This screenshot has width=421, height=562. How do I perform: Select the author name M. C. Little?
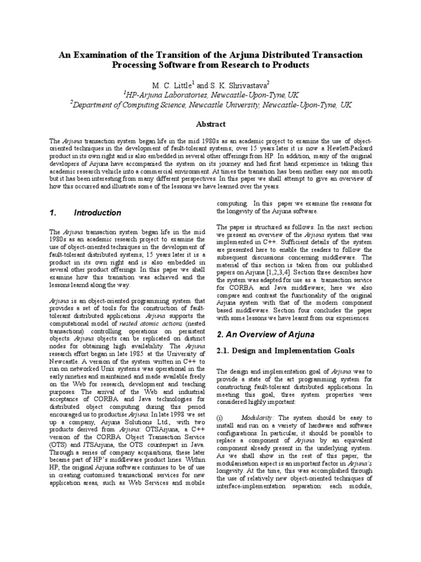(x=172, y=86)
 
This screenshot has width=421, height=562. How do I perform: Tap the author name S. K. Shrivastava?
(x=237, y=86)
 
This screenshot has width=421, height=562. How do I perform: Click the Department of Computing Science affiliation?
(x=210, y=105)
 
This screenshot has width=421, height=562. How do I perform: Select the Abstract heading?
(x=210, y=125)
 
